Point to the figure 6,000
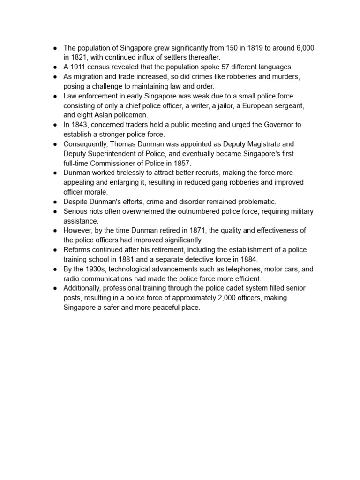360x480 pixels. click(x=305, y=48)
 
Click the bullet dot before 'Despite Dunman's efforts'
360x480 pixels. click(x=55, y=202)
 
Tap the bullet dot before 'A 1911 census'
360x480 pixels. click(x=55, y=67)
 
